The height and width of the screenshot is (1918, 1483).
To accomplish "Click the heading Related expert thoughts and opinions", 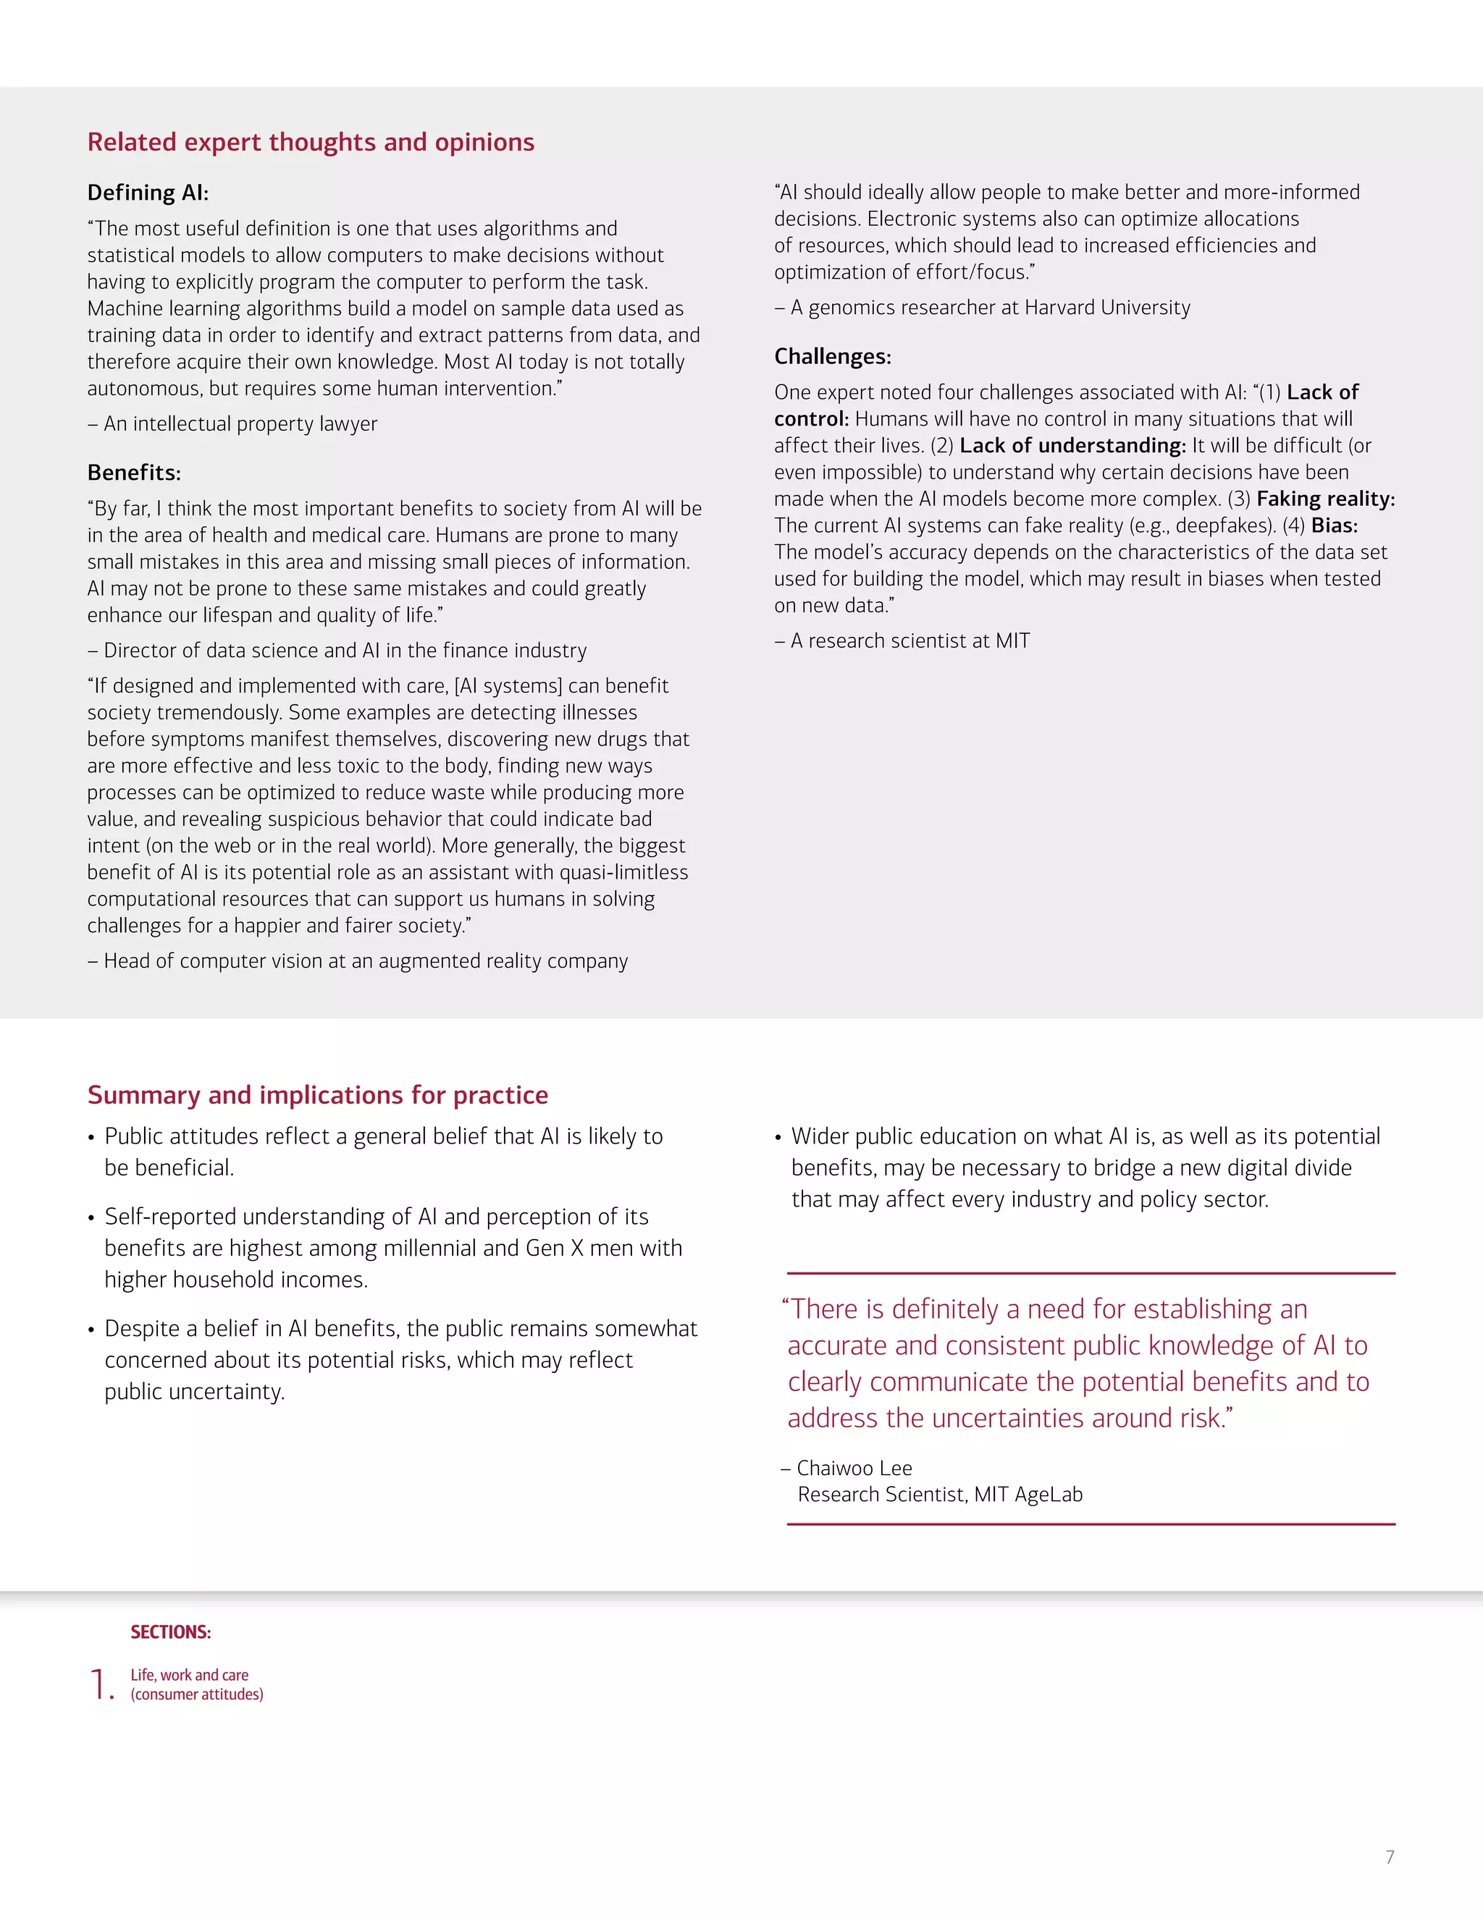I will [x=310, y=143].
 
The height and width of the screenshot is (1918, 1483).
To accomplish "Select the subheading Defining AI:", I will [x=148, y=193].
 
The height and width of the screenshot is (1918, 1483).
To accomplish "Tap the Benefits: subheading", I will [x=133, y=473].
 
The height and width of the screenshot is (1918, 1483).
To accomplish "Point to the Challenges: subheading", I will [x=832, y=357].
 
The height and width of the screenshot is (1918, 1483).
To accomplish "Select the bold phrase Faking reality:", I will [x=1325, y=499].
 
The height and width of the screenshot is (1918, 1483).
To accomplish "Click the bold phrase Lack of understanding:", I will [x=1072, y=446].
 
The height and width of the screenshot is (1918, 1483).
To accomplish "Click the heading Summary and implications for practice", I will [x=317, y=1095].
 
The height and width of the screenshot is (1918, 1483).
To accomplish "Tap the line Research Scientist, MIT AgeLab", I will [x=939, y=1495].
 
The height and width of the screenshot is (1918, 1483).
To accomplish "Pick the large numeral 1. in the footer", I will [x=102, y=1684].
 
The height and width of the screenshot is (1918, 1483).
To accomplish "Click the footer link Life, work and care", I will [x=189, y=1676].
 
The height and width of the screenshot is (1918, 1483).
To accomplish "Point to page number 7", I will [x=1389, y=1857].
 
